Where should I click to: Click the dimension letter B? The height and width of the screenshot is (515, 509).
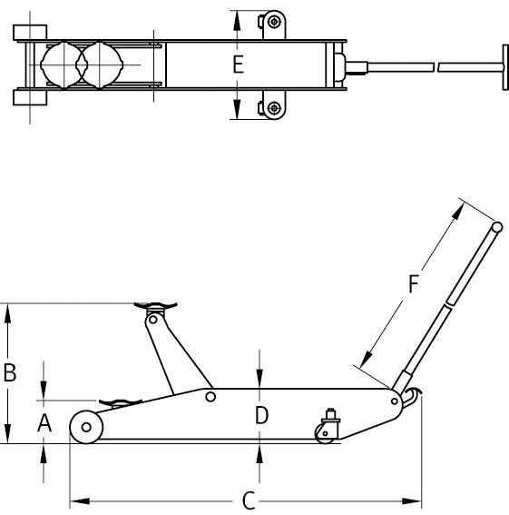[x=9, y=371]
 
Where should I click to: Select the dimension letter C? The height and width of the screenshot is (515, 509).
[x=248, y=501]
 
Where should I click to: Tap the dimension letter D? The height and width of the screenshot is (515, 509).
[x=260, y=416]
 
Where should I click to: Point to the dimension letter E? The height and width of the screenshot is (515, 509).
[x=238, y=64]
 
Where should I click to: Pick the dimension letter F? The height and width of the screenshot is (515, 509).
[x=414, y=284]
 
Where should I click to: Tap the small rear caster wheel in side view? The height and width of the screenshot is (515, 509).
[x=324, y=433]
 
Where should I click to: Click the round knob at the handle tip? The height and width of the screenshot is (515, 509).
[x=497, y=226]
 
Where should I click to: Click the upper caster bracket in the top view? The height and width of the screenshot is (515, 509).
[x=271, y=23]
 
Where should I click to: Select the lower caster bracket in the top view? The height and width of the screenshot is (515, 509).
[x=271, y=108]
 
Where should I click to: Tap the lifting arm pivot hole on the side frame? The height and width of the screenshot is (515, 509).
[x=210, y=396]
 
